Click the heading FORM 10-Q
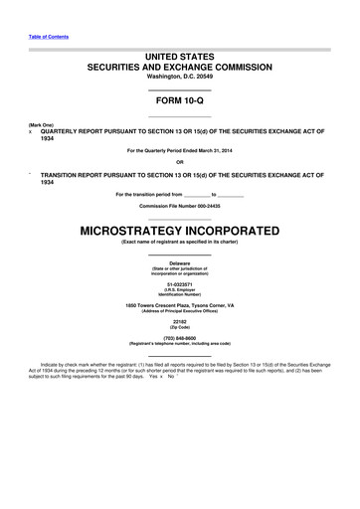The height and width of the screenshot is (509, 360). [179, 102]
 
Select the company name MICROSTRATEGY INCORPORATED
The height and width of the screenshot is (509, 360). [179, 231]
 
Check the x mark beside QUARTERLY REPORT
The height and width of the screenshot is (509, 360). [31, 131]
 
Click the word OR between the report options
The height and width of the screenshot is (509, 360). [179, 162]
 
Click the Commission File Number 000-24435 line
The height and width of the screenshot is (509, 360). [179, 204]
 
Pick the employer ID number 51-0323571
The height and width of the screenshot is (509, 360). [179, 283]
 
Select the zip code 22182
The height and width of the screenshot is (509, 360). [179, 323]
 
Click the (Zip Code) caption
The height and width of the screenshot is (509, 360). [179, 329]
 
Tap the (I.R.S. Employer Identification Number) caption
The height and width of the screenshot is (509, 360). [179, 292]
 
